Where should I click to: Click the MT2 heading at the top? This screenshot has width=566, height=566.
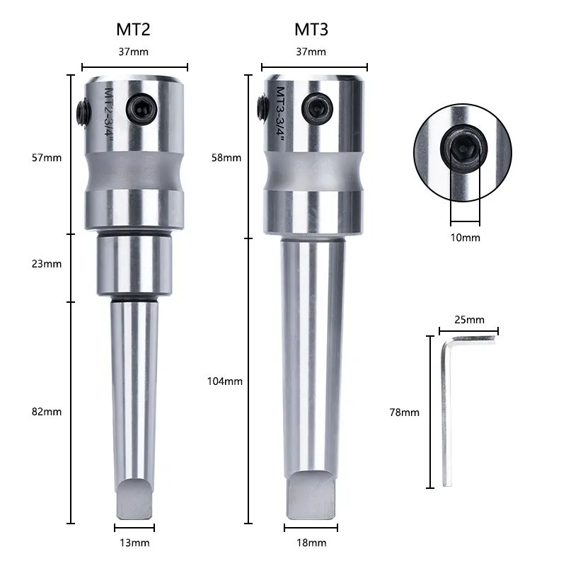coord(133,30)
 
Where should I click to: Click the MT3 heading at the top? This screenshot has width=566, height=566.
coord(311,30)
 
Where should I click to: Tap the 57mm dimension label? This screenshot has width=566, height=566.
coord(47,158)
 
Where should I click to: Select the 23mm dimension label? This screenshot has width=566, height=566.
coord(47,264)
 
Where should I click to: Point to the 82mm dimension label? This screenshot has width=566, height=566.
coord(47,412)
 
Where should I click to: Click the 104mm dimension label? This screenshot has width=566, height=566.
coord(224,381)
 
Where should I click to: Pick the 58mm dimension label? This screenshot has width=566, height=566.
coord(226,158)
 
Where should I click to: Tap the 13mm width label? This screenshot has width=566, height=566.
coord(134,543)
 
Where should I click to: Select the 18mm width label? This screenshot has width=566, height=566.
coord(311,543)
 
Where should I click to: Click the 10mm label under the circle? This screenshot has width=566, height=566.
coord(466,238)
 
